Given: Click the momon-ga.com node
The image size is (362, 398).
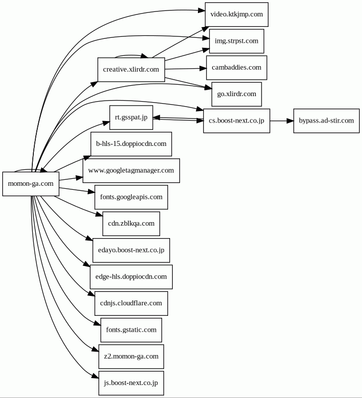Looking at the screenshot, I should (x=31, y=184).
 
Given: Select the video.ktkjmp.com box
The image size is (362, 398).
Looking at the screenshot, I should (x=237, y=14).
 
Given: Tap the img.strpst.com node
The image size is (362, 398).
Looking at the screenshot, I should (x=237, y=41).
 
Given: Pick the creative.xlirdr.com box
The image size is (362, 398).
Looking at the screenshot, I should (x=131, y=70).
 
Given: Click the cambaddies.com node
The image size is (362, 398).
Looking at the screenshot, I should (x=237, y=68).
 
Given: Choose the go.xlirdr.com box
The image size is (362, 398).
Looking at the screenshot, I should (x=237, y=94).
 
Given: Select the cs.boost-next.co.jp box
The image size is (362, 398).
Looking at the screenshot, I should (x=237, y=121).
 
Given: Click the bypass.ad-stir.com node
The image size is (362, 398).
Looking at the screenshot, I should (x=326, y=121).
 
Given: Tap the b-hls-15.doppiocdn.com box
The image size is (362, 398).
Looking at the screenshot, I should (x=131, y=144).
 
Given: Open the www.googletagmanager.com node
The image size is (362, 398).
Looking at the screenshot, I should (x=131, y=171).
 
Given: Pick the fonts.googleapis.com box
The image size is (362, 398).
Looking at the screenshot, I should (x=131, y=197).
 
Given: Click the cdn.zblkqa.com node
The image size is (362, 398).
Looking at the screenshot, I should (x=131, y=224).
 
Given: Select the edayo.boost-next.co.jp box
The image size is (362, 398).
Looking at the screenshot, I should (x=131, y=250).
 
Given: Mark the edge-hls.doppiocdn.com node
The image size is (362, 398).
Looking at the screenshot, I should (x=131, y=277).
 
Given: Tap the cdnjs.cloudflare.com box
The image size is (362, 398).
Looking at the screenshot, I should (x=131, y=303).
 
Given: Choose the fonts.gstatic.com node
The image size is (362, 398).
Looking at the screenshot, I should (x=131, y=330).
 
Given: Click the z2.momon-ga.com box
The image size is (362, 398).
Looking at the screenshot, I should (x=131, y=357).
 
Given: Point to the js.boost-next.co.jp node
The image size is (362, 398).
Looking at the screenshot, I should (x=131, y=383).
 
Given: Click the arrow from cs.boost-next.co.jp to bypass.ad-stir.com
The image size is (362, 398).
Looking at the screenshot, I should (x=281, y=121).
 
